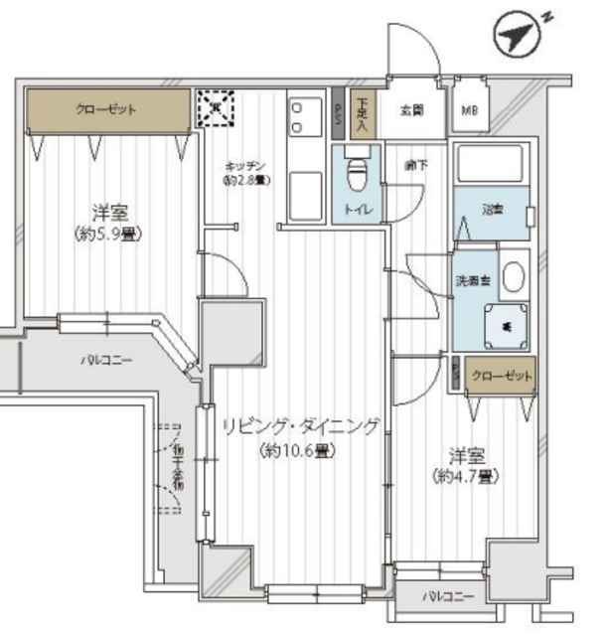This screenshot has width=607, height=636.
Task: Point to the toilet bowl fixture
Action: pyautogui.click(x=356, y=177)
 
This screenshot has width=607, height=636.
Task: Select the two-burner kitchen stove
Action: pyautogui.click(x=299, y=117)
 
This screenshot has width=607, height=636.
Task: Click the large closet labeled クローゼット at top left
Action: pyautogui.click(x=106, y=110)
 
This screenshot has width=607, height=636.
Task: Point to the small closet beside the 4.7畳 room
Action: pyautogui.click(x=501, y=377)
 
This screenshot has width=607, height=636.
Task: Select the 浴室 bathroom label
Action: pyautogui.click(x=493, y=210)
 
